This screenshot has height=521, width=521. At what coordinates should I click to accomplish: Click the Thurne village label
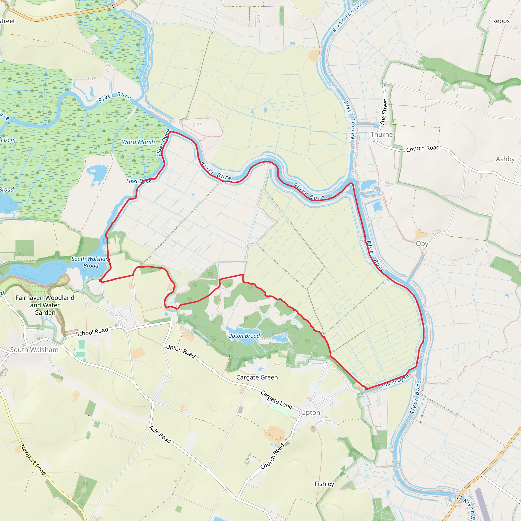381,134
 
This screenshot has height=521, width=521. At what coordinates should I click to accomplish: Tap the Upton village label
310,413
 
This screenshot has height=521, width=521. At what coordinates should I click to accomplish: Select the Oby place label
422,243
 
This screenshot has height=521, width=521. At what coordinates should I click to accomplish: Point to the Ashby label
505,159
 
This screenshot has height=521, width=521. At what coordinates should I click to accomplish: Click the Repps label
501,21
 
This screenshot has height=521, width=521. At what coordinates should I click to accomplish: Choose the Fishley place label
324,484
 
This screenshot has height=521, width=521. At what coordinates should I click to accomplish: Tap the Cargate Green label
257,377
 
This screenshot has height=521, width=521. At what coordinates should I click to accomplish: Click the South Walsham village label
34,350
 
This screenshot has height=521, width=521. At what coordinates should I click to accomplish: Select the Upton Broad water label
244,336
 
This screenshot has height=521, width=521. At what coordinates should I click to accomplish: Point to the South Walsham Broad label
91,262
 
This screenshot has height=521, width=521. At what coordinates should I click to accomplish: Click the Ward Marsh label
138,142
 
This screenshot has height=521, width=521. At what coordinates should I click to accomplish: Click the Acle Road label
160,435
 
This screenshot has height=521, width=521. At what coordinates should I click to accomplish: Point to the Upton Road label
181,351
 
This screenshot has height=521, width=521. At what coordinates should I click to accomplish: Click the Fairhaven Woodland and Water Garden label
45,305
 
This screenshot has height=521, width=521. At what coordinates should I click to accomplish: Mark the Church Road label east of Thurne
423,148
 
